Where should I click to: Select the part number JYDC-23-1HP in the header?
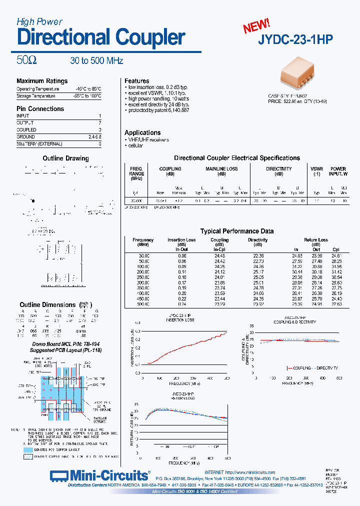point(295,40)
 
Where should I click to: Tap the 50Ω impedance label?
point(26,60)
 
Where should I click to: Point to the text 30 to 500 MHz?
point(96,61)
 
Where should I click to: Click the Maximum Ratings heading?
point(42,81)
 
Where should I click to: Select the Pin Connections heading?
point(40,108)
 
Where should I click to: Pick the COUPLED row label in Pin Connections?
point(26,129)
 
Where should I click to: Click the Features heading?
point(137,80)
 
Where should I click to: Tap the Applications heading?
point(142,132)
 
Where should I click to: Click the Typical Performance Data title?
point(236,231)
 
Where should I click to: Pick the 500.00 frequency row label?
point(143,303)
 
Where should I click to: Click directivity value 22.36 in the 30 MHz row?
point(258,255)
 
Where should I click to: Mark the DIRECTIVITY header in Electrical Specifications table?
point(278,169)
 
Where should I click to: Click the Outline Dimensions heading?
point(47,304)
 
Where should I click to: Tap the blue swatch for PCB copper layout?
point(27,449)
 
